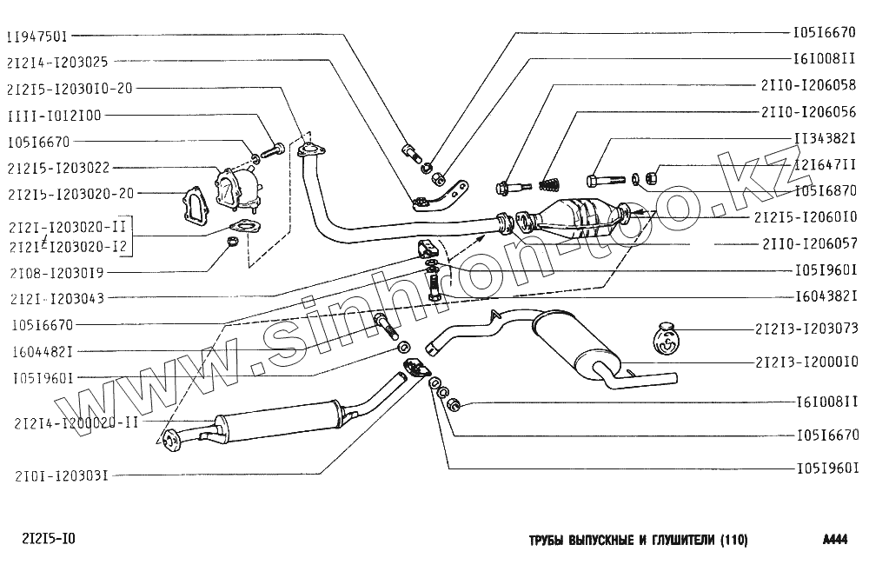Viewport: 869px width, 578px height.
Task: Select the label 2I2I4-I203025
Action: (x=56, y=63)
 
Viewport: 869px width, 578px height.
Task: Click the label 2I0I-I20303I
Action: (x=60, y=475)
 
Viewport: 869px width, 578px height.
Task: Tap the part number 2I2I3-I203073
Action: (x=806, y=329)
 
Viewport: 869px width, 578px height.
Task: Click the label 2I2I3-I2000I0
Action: (x=806, y=361)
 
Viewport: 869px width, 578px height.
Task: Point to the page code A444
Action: (x=834, y=540)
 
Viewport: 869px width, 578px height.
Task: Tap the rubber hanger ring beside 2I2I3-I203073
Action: (x=667, y=339)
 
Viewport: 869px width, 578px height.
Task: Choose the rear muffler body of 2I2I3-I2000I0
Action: (x=576, y=342)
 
